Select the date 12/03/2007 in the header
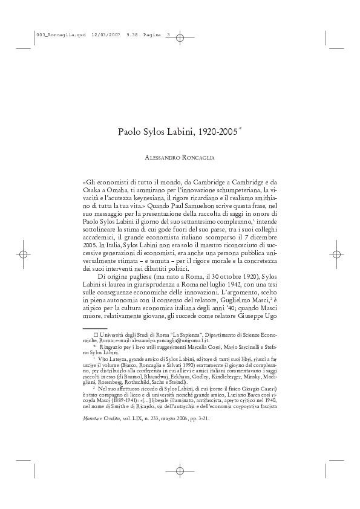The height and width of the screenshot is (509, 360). (x=93, y=34)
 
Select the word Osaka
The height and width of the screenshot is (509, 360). (x=93, y=190)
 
